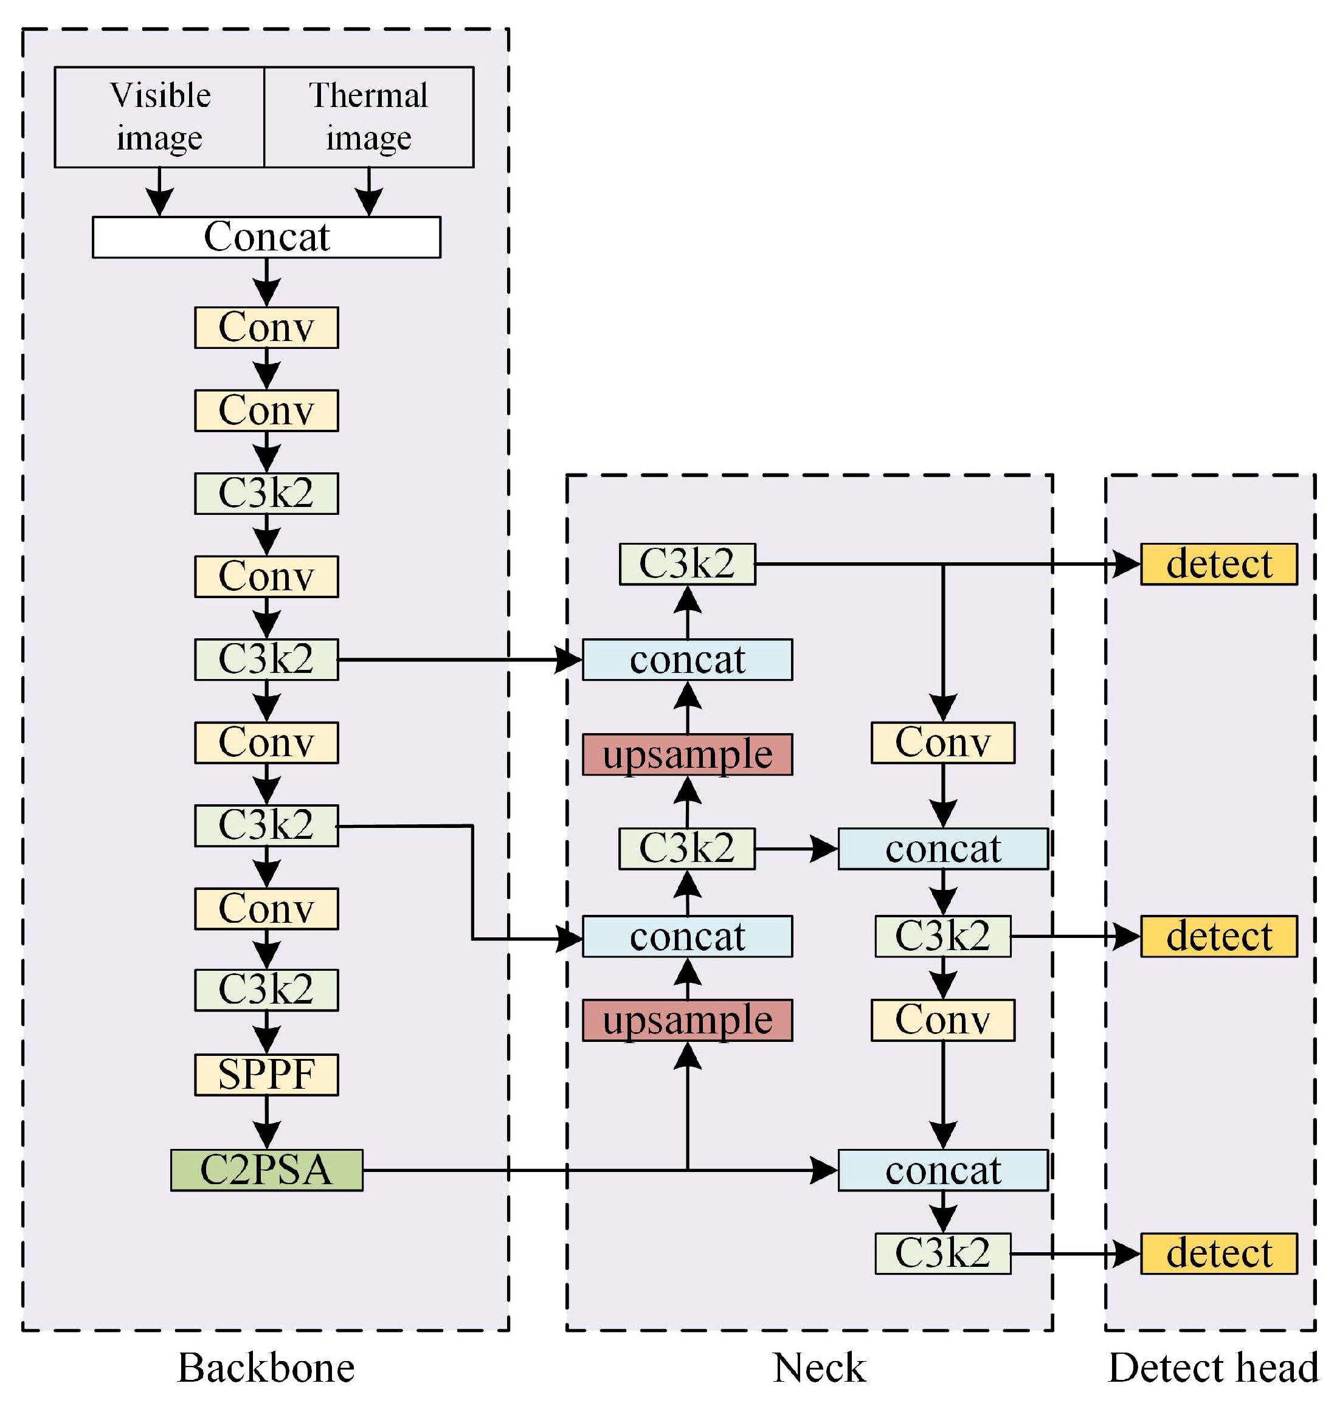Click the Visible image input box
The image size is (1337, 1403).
pos(160,117)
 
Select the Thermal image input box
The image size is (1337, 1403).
pos(368,117)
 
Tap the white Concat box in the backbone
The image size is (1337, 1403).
pos(266,237)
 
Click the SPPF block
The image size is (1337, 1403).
pos(266,1075)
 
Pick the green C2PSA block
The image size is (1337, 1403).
pos(266,1170)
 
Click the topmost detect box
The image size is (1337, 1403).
pos(1218,564)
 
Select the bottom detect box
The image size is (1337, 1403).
pos(1218,1253)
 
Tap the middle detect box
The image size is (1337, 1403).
pos(1218,936)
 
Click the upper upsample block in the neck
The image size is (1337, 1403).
pos(687,754)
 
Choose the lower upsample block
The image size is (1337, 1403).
pos(687,1021)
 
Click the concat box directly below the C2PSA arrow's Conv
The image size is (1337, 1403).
pos(942,1170)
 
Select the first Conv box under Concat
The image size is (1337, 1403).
pos(266,328)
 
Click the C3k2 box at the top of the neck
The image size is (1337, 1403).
pos(687,564)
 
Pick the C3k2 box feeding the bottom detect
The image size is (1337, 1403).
pos(942,1253)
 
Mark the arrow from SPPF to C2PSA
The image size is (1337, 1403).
pos(266,1122)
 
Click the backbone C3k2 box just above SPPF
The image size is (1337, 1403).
pos(266,990)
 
